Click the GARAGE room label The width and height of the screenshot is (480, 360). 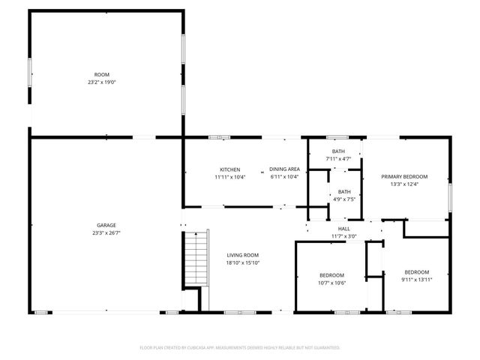pos(106,225)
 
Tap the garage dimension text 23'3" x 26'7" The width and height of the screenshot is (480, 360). pos(106,233)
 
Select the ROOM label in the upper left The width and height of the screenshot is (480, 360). pos(101,74)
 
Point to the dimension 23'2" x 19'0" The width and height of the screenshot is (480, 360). pos(101,82)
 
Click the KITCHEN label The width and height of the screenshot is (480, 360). pos(229,169)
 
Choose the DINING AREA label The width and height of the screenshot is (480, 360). pos(284,169)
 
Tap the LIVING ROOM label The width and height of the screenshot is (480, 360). pos(242,255)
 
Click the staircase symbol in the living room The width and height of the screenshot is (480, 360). pos(193,259)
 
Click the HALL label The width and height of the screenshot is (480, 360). pos(344,229)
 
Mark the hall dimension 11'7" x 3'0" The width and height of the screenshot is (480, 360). pos(344,236)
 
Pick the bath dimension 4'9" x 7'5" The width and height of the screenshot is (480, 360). pos(344,199)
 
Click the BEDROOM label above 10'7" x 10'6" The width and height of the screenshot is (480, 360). pos(331,274)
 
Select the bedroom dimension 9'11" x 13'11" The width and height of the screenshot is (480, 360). pos(417,280)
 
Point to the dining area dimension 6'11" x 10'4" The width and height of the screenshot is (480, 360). pos(284,177)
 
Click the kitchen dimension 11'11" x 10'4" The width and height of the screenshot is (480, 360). pos(229,177)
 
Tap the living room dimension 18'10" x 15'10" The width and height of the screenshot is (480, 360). pos(242,263)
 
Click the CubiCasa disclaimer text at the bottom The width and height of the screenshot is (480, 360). pos(240,348)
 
